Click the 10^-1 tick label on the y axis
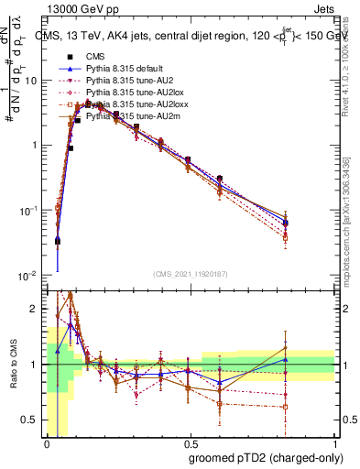coord(28,211)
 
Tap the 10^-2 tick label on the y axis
coord(28,276)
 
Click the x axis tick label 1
coord(333,442)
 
